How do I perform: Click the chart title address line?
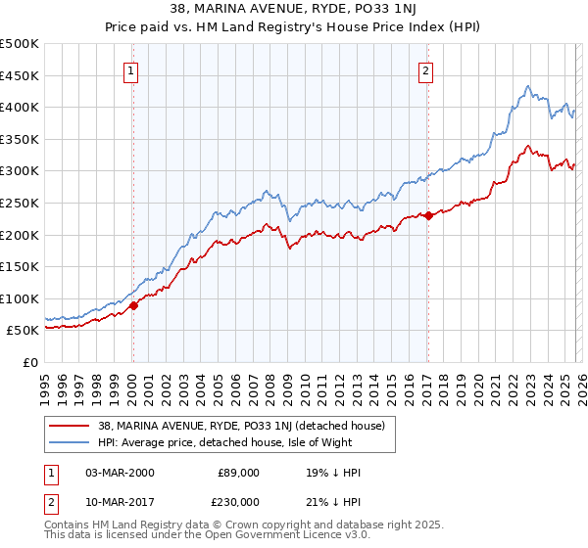point(293,11)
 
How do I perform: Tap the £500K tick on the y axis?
point(20,44)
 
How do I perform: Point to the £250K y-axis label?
point(20,203)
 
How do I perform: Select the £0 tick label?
point(31,362)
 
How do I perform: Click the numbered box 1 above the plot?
point(131,69)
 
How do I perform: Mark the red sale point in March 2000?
point(134,305)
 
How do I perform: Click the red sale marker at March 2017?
point(429,215)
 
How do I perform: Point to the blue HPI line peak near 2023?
point(527,86)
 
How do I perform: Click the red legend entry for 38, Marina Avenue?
point(219,426)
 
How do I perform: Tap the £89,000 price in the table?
point(237,473)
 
